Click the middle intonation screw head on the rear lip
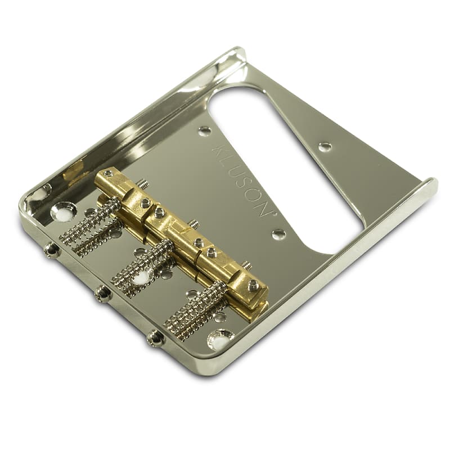[x=103, y=293]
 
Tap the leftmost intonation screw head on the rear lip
[x=52, y=249]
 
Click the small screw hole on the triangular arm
[x=325, y=147]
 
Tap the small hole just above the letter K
[x=205, y=131]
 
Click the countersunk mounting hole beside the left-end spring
[x=64, y=211]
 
